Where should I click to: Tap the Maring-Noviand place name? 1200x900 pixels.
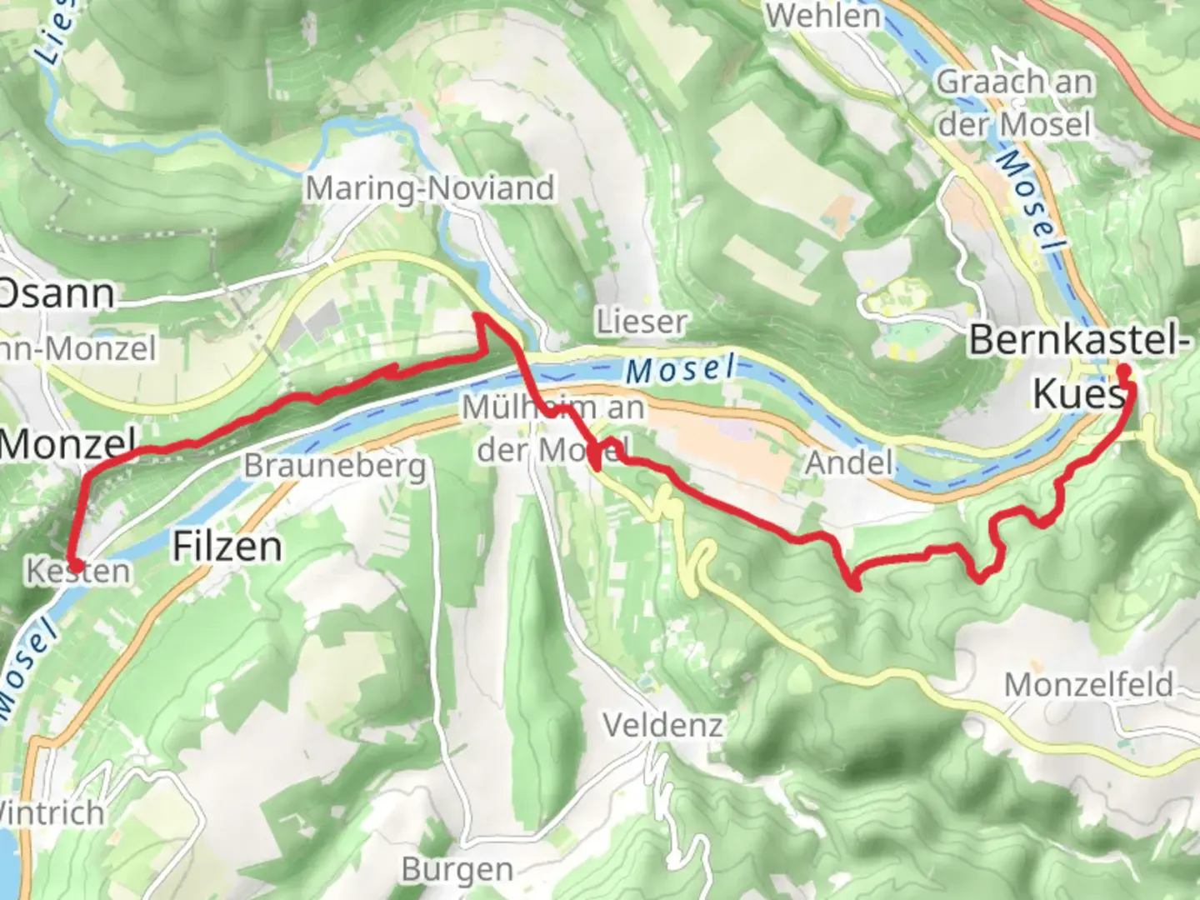tap(429, 188)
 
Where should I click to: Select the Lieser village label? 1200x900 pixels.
tap(641, 321)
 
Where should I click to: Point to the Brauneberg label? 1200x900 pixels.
tap(334, 466)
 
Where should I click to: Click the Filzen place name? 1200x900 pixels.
tap(227, 547)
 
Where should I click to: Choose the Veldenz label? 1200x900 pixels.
tap(662, 725)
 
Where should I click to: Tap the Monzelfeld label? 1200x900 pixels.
tap(1088, 685)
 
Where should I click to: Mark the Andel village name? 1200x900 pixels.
tap(849, 462)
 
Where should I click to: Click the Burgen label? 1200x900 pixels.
tap(457, 869)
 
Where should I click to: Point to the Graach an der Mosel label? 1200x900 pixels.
tap(1014, 103)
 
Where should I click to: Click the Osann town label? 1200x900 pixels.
tap(57, 293)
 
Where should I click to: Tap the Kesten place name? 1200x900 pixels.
tap(78, 572)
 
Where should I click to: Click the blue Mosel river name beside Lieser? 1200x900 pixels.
tap(681, 369)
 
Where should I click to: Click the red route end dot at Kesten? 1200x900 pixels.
tap(73, 566)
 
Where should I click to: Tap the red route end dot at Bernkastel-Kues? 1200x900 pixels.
tap(1123, 370)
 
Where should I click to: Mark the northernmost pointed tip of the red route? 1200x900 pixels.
tap(477, 315)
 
